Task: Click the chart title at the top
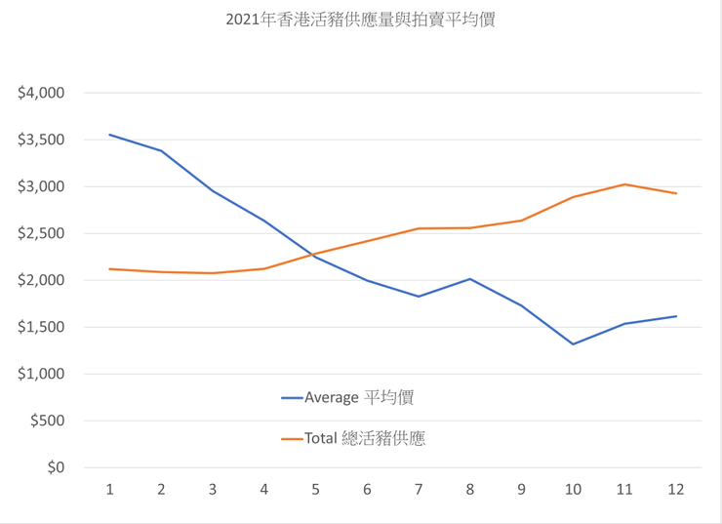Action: pyautogui.click(x=360, y=20)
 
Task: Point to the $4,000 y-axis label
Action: pyautogui.click(x=41, y=93)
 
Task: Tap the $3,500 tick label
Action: pyautogui.click(x=41, y=140)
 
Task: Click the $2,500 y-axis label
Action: pyautogui.click(x=41, y=233)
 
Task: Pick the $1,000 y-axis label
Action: pyautogui.click(x=41, y=374)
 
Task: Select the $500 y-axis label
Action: pyautogui.click(x=47, y=421)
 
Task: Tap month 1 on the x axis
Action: pyautogui.click(x=110, y=489)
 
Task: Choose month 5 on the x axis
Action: pyautogui.click(x=316, y=489)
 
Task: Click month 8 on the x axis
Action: pyautogui.click(x=470, y=489)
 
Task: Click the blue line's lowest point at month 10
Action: pyautogui.click(x=573, y=344)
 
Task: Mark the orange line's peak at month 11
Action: pyautogui.click(x=624, y=184)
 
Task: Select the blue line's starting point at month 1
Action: pyautogui.click(x=110, y=135)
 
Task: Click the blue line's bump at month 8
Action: pyautogui.click(x=470, y=279)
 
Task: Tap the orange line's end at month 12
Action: pyautogui.click(x=676, y=193)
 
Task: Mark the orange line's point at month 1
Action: pyautogui.click(x=110, y=268)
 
